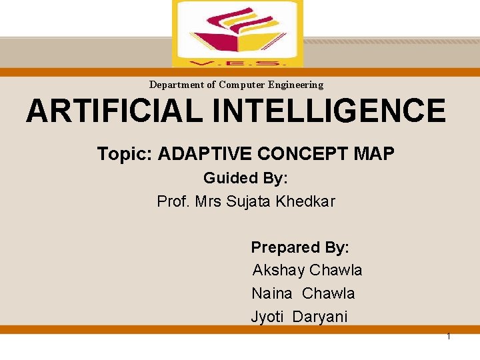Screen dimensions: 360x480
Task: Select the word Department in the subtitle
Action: point(177,85)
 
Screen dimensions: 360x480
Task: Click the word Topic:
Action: point(125,154)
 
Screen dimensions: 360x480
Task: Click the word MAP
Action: point(374,154)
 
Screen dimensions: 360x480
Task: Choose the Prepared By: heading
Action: point(300,247)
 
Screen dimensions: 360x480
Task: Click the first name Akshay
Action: point(278,270)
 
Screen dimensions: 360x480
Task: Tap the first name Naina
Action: point(271,293)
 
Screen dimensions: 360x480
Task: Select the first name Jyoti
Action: point(267,317)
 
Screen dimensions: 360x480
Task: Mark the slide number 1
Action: point(449,336)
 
